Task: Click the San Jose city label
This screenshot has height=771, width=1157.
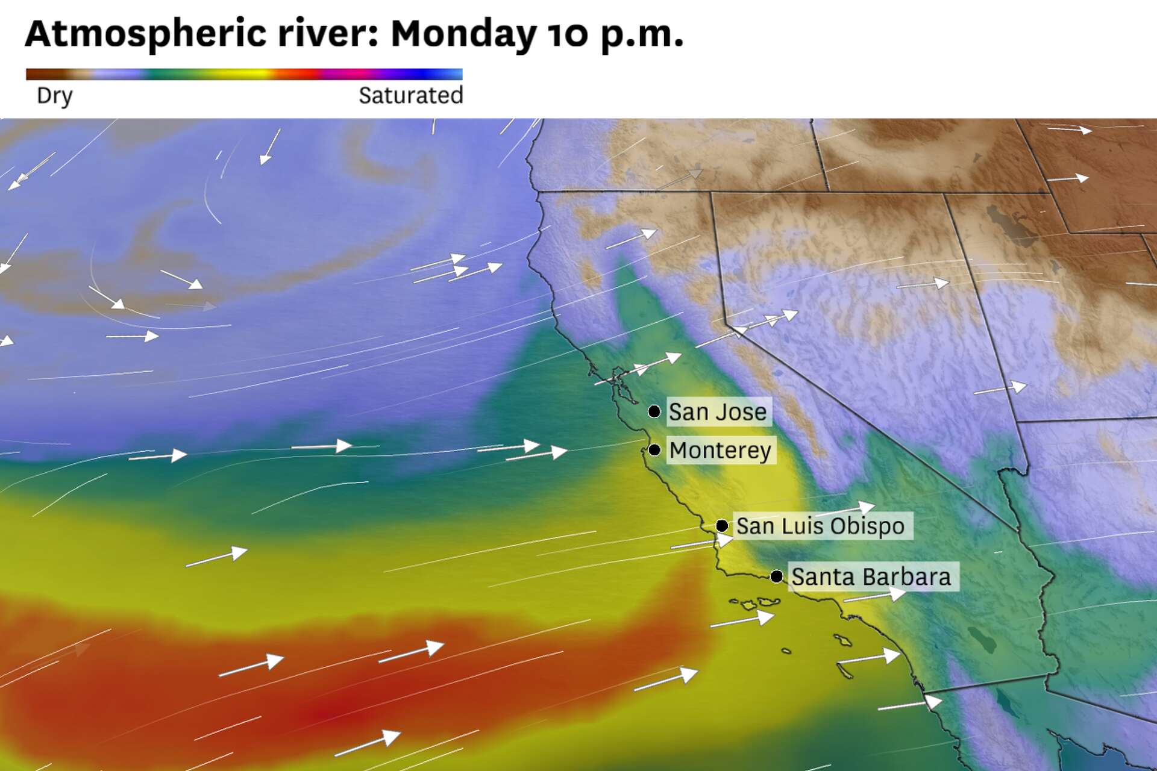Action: (718, 412)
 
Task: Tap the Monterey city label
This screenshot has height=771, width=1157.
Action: (720, 451)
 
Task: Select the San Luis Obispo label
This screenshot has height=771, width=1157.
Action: (820, 526)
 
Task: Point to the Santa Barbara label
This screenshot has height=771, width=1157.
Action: (871, 577)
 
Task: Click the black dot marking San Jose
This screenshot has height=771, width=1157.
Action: (654, 411)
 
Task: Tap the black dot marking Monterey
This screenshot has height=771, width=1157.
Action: (654, 450)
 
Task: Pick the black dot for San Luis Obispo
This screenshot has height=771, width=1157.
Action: (722, 526)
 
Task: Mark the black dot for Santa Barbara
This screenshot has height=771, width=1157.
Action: (777, 576)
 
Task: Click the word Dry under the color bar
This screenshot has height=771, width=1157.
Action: (54, 95)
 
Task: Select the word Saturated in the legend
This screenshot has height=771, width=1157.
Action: (410, 95)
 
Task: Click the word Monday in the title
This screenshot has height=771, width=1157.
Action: (463, 34)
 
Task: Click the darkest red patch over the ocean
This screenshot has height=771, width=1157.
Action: (325, 714)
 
